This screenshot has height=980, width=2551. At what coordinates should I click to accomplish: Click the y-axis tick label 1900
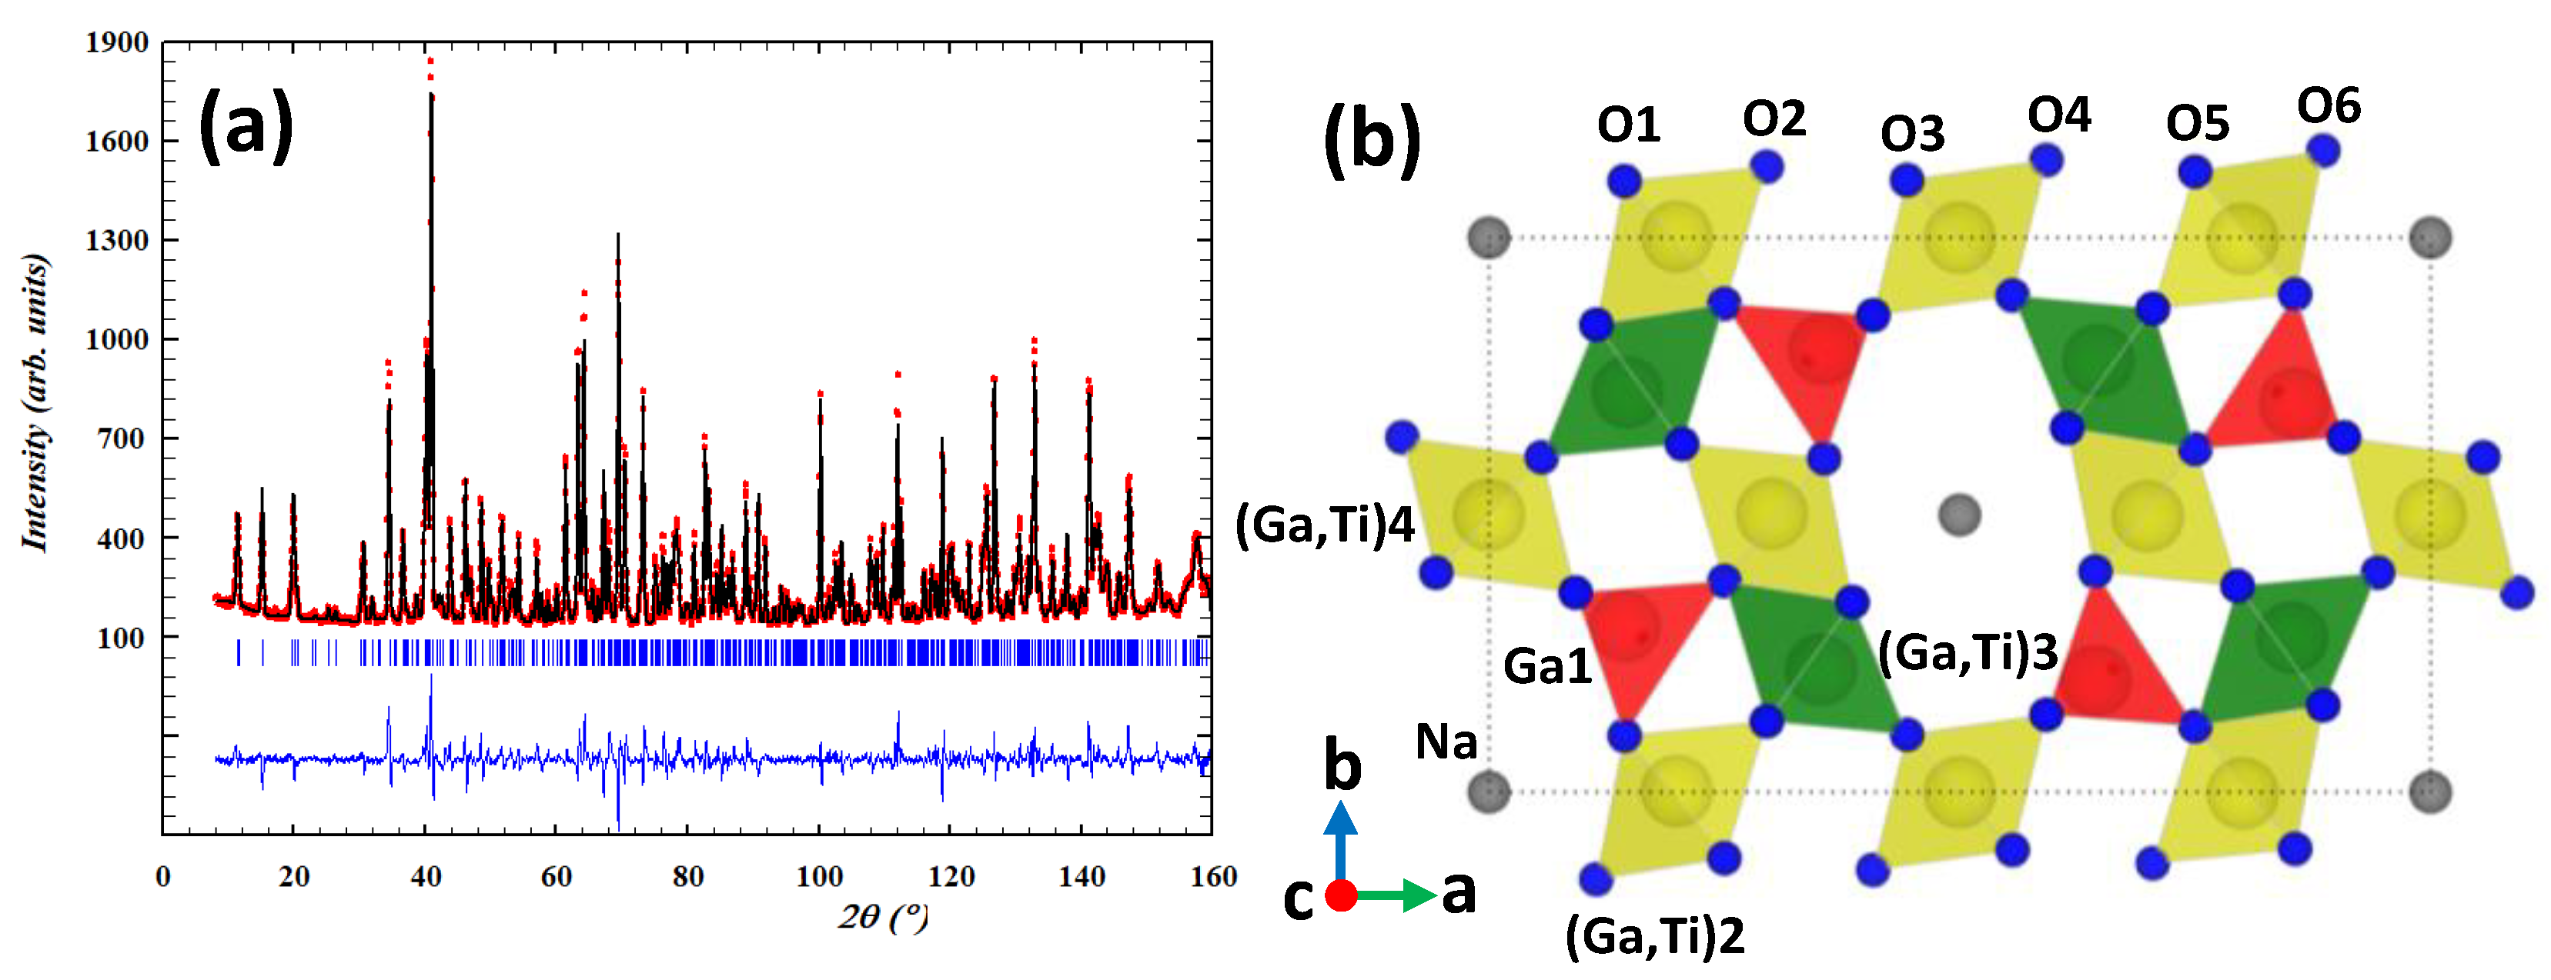pos(117,42)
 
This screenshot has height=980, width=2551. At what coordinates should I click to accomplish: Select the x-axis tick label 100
pos(819,877)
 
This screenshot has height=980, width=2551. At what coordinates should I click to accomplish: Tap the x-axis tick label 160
pos(1213,877)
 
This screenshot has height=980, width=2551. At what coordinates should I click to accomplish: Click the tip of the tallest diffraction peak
pos(430,62)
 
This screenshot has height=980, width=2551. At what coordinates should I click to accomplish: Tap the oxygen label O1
pos(1628,125)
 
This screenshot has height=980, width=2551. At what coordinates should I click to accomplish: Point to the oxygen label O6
pos(2329,106)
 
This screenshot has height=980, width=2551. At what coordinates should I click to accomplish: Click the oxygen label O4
pos(2059,116)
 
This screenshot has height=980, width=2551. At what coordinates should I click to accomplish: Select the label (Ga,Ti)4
pos(1324,525)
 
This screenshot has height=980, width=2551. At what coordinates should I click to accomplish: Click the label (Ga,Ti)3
pos(1967,653)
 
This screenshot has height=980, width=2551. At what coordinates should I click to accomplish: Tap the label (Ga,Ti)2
pos(1653,935)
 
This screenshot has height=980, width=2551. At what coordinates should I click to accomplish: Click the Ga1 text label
pos(1546,666)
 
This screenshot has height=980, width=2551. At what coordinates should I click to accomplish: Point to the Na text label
pos(1446,742)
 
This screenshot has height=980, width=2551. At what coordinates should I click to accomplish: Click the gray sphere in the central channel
pos(1958,515)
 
